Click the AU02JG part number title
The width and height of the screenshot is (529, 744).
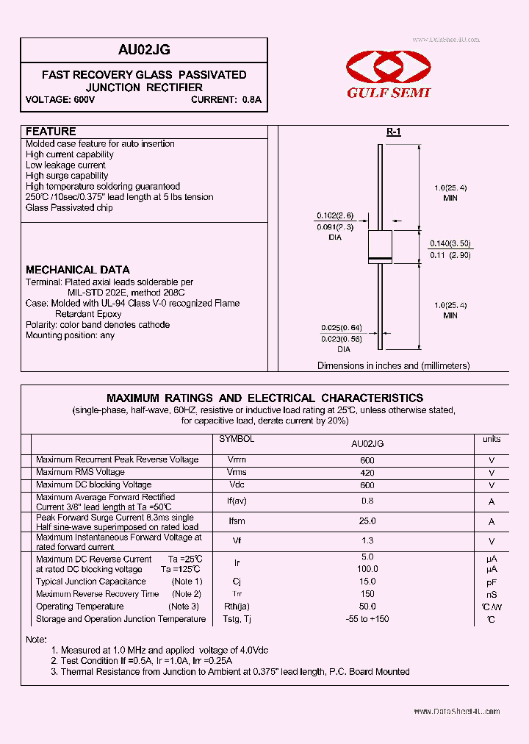pos(144,50)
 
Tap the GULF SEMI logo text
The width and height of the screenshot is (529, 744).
pos(388,93)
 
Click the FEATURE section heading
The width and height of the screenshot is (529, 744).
pos(51,132)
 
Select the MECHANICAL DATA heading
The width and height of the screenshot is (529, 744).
pos(78,270)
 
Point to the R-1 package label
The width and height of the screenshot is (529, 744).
pos(394,132)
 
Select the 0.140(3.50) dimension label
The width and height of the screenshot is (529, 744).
pos(450,243)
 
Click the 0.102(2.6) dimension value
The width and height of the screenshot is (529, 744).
pos(335,215)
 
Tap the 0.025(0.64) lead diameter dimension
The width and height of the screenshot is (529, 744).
pos(341,328)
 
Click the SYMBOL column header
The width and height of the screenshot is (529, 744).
pos(237,439)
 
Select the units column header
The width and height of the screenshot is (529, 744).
pos(492,439)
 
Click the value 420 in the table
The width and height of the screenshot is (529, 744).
pos(367,473)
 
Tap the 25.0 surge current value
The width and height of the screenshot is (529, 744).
pos(367,521)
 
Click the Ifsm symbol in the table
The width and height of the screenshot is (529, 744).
pos(237,521)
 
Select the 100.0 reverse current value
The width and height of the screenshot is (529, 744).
pos(367,569)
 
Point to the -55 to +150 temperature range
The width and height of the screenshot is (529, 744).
pos(367,619)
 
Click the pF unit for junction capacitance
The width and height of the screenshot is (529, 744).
pos(492,582)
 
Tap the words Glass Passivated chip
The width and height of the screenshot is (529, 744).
pos(69,208)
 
